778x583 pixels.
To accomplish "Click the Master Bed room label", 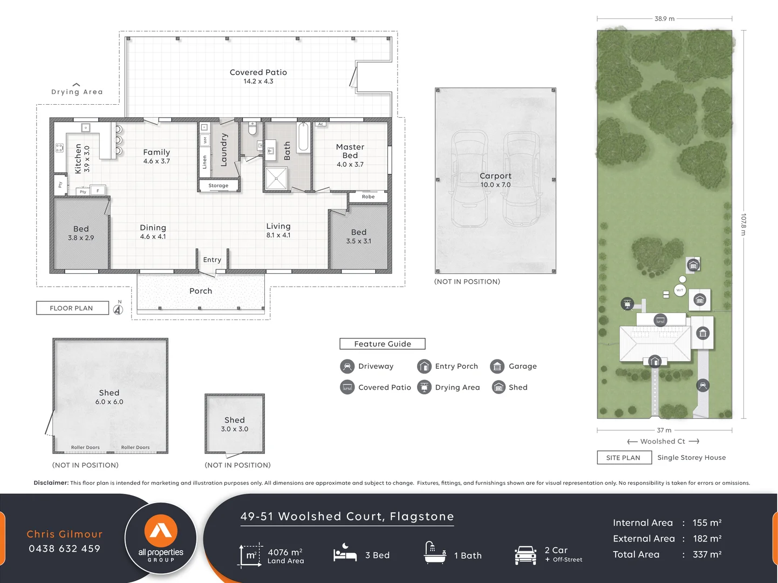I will tap(350, 151).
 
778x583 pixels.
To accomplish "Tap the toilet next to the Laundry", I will tap(252, 129).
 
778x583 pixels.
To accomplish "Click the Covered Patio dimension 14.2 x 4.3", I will tap(258, 82).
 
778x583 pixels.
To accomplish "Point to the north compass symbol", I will tap(118, 309).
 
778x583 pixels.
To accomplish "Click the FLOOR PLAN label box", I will tap(72, 308).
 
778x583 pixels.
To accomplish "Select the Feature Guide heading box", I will tap(383, 344).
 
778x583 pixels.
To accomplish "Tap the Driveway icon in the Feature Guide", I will tap(347, 367).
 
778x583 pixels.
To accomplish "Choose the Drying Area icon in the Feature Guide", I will tap(425, 388).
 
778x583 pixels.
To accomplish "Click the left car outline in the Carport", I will tap(469, 178).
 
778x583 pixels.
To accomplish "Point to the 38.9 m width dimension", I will tap(664, 19).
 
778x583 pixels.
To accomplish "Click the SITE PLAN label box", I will tap(623, 458).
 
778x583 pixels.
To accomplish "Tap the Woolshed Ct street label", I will tap(663, 442).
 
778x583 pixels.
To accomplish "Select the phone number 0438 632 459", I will tap(64, 549).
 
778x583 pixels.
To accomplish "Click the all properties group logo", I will tap(161, 539).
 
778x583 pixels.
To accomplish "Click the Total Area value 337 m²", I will tap(707, 554).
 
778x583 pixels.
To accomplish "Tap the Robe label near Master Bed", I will tap(368, 197).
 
